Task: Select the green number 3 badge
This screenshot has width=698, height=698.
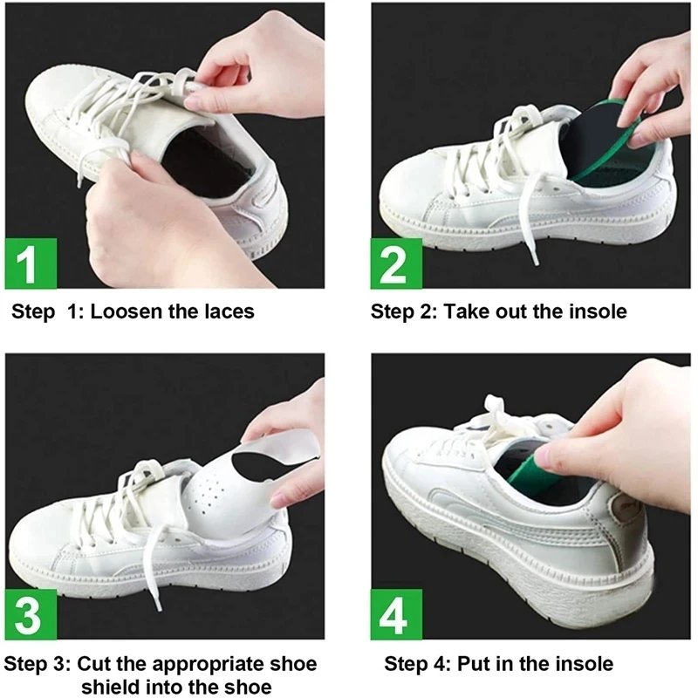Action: pyautogui.click(x=31, y=614)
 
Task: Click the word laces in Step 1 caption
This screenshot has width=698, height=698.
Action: pyautogui.click(x=226, y=312)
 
